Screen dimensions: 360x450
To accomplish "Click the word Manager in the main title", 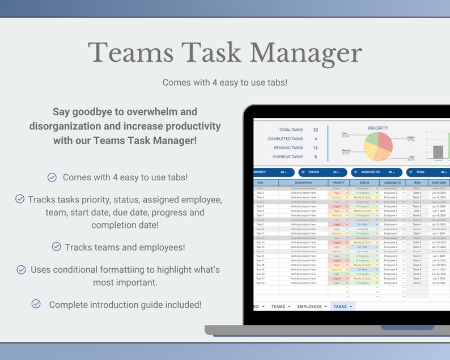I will [305, 53].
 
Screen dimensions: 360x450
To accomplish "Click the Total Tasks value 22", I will [316, 130].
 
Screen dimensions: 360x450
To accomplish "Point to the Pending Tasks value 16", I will [316, 148].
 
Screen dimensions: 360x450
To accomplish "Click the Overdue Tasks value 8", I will [316, 157].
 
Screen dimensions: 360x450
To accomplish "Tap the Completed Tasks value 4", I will [316, 139].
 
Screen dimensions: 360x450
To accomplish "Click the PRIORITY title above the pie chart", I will [378, 128].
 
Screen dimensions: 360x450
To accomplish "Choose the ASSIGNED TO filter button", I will [372, 172].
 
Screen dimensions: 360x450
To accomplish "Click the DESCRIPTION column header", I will [303, 183].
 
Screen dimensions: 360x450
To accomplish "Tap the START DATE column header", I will [439, 183].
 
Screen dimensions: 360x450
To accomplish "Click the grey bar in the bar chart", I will [438, 152].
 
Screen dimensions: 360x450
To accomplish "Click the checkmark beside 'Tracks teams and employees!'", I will [57, 247].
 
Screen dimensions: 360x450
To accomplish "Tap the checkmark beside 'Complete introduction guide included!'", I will [36, 304].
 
